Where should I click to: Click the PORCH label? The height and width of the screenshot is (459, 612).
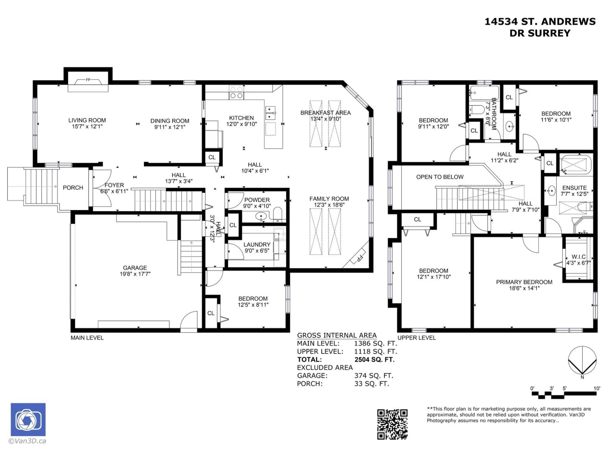tap(73, 188)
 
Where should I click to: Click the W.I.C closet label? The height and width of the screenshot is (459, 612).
tap(578, 257)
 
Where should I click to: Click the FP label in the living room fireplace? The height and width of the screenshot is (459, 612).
tap(88, 80)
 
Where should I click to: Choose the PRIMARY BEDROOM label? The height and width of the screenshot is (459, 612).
tap(524, 282)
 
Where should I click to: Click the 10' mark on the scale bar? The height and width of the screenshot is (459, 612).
tap(597, 388)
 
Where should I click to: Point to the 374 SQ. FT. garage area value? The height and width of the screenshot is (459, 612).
tap(374, 375)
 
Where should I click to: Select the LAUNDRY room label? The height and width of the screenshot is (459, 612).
tap(257, 245)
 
